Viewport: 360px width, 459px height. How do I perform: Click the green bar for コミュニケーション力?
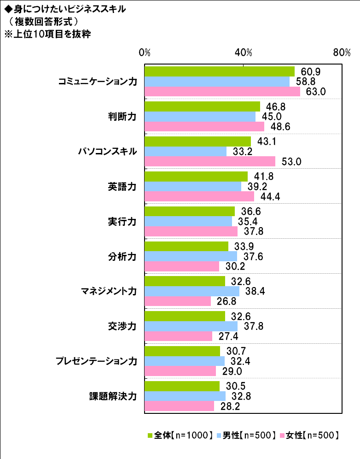click(220, 71)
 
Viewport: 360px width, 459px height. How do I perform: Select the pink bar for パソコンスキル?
click(210, 161)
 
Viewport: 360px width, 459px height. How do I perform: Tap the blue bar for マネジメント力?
click(192, 291)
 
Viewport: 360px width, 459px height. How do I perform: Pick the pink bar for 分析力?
click(182, 266)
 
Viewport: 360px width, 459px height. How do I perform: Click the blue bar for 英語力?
click(193, 186)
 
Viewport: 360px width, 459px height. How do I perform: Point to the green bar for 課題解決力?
click(182, 386)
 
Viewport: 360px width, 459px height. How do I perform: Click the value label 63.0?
click(316, 91)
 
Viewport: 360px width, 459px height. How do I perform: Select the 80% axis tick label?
click(342, 52)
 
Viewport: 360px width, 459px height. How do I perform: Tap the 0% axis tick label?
click(145, 52)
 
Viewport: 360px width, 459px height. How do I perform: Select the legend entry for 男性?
click(249, 435)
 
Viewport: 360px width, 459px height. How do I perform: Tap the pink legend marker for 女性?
click(282, 435)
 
